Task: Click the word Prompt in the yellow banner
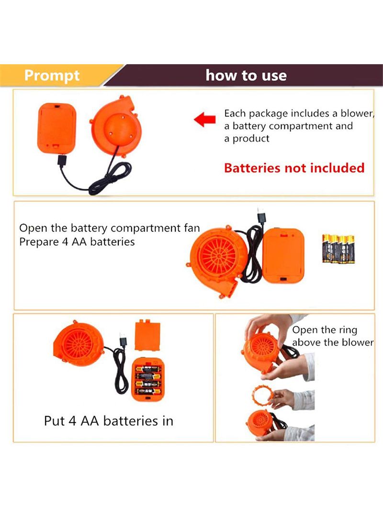52,76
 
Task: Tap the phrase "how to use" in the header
246,75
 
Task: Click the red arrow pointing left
205,119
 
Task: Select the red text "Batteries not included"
294,168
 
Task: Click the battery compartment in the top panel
56,128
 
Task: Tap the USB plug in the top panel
62,160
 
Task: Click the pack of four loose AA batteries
338,249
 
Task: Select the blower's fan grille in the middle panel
219,255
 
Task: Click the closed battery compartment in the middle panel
283,256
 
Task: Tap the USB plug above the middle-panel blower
261,216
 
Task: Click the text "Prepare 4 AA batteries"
77,242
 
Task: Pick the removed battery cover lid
147,335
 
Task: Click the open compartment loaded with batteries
148,379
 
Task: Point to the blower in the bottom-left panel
79,344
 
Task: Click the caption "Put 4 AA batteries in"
109,421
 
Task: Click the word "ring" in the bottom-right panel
348,330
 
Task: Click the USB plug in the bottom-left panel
123,339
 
